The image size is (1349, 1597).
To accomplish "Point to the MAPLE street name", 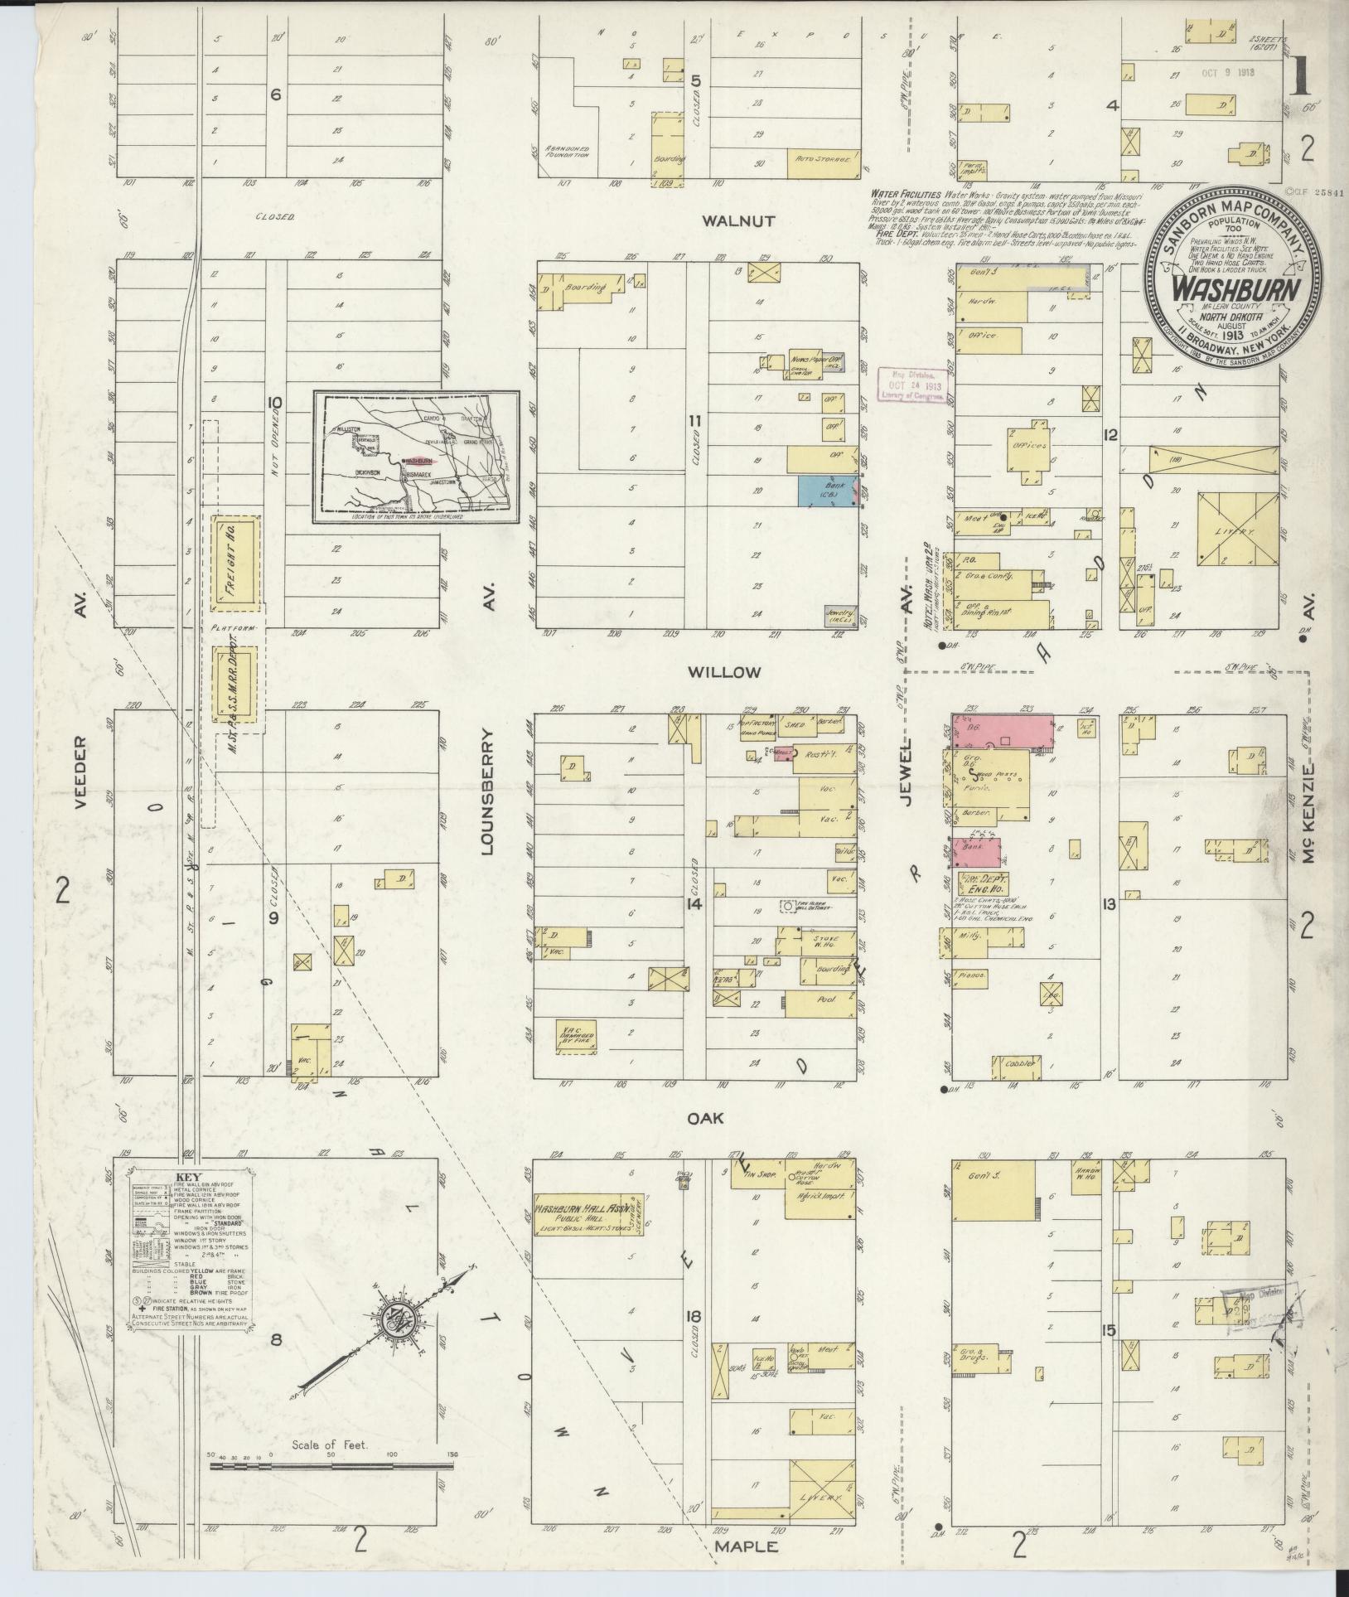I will [x=746, y=1546].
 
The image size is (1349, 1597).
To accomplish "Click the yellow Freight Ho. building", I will [x=235, y=560].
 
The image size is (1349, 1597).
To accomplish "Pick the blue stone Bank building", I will [x=821, y=491].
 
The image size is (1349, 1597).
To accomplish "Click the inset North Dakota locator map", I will [x=417, y=457].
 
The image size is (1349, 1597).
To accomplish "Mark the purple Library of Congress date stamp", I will [x=914, y=385].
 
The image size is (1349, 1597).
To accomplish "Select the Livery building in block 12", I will [x=1238, y=530].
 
